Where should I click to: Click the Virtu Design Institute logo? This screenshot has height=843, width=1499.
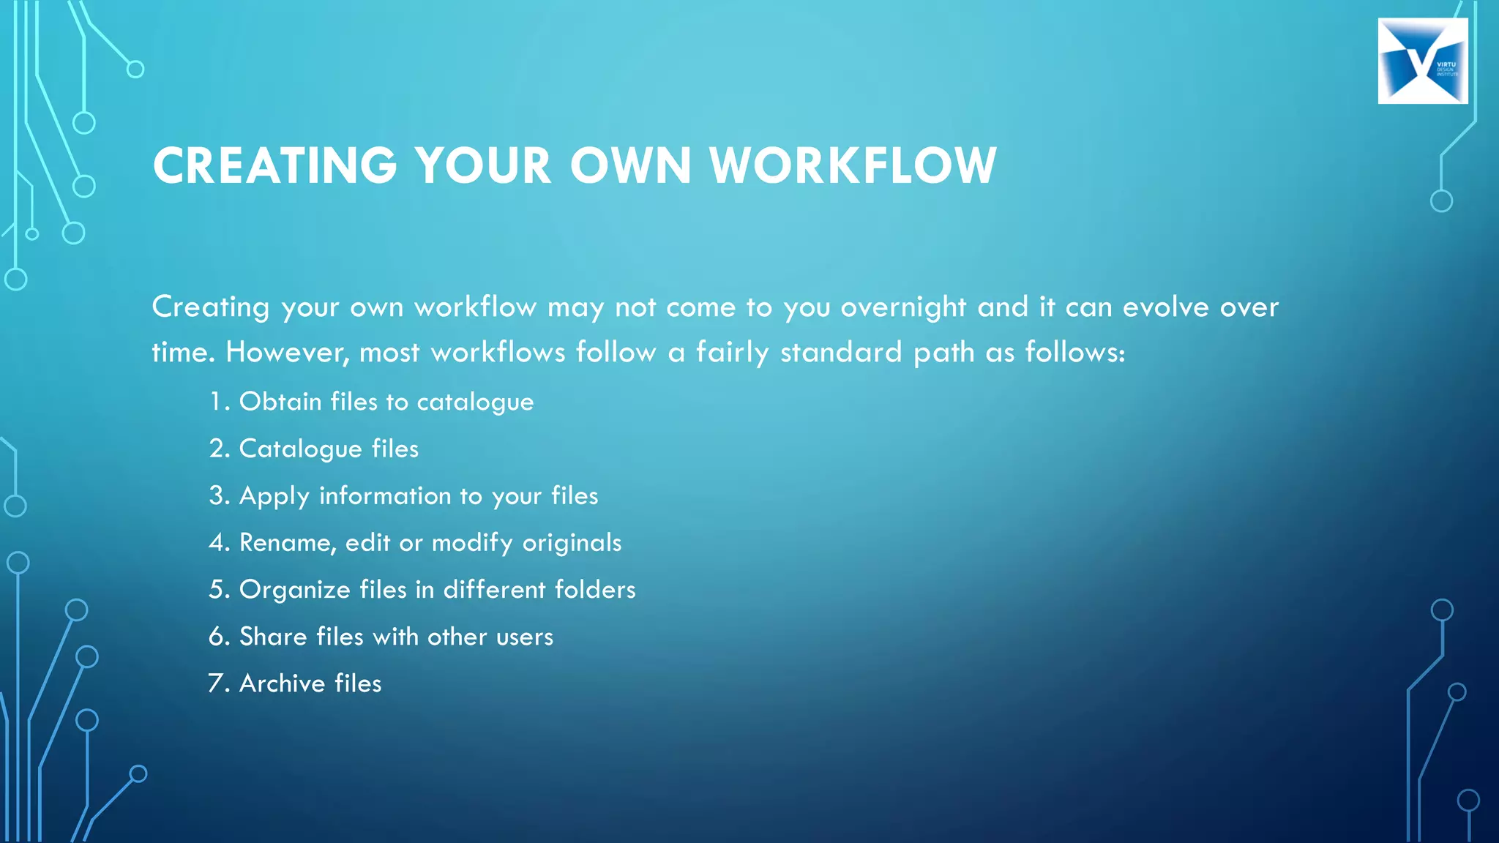(x=1422, y=61)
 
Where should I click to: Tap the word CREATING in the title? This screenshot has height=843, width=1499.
(x=274, y=165)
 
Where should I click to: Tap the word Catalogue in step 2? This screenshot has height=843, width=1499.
(x=300, y=449)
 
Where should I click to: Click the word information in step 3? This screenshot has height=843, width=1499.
(x=385, y=496)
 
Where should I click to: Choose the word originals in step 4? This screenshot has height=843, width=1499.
(x=572, y=543)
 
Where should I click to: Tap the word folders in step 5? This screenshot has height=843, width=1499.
(x=595, y=590)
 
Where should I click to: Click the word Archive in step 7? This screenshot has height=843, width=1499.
(x=282, y=683)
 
